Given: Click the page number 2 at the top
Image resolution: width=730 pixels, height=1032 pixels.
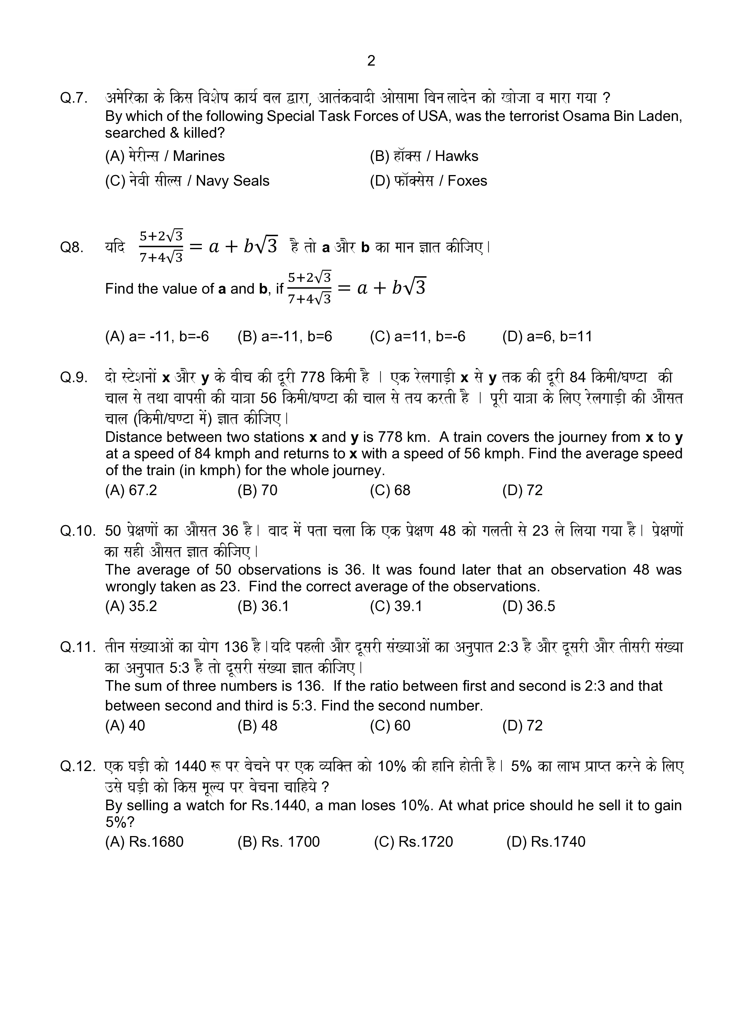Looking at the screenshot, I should [x=371, y=61].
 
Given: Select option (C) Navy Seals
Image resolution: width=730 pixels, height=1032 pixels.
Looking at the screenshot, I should [x=187, y=181].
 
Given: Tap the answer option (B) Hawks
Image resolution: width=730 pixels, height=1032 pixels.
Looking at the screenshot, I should [x=424, y=156].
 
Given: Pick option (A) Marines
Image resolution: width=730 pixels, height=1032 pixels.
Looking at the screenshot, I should [x=164, y=156].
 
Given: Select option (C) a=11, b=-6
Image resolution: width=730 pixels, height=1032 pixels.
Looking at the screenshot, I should [x=418, y=336].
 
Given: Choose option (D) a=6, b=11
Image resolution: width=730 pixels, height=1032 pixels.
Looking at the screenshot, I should [x=547, y=336].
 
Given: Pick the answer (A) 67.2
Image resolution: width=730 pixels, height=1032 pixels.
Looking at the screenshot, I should [x=131, y=490].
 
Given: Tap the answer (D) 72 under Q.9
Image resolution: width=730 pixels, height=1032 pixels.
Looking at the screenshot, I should [x=522, y=490].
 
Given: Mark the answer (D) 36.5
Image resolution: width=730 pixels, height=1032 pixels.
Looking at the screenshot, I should [x=529, y=606].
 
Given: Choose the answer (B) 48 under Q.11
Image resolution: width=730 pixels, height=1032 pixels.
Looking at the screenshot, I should [x=257, y=725].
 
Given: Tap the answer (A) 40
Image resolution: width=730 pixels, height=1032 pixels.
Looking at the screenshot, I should [x=125, y=725].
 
